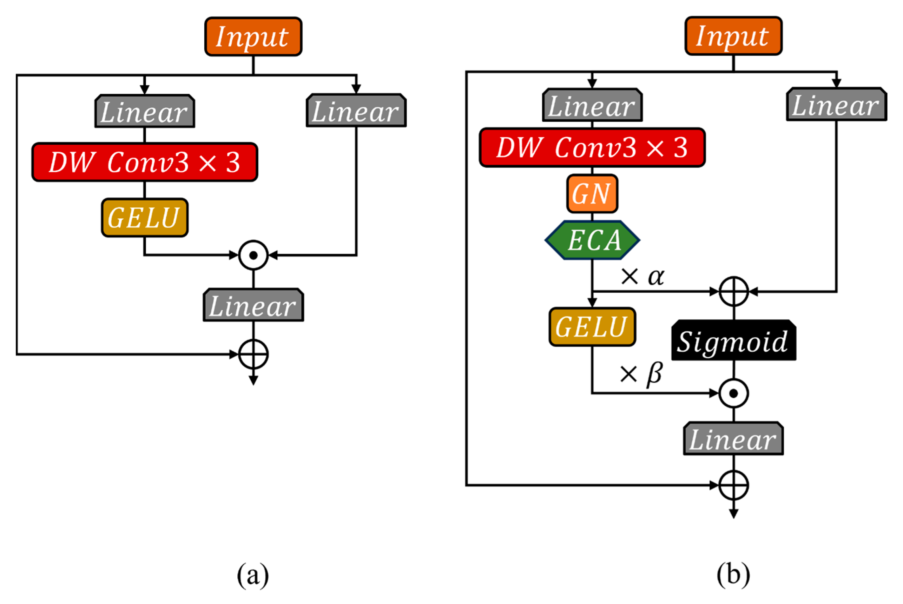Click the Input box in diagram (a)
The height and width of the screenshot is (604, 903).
coord(253,37)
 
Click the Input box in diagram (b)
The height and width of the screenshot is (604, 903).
coord(733,36)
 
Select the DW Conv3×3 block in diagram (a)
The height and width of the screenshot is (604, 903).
coord(145,162)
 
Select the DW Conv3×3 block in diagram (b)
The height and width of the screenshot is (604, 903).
coord(592,148)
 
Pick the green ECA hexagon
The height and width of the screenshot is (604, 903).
coord(592,240)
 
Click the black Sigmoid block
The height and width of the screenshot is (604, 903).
coord(734,340)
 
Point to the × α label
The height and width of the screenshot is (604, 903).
coord(642,276)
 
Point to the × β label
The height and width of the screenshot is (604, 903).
coord(641,374)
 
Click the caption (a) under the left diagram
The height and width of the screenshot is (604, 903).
coord(253,575)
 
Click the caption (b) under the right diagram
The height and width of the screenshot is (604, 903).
coord(733,574)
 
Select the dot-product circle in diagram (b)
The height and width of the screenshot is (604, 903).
coord(734,393)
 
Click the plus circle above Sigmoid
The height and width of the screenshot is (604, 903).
coord(734,292)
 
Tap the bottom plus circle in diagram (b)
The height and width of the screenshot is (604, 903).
coord(734,485)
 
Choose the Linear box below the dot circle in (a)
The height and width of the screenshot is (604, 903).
coord(254,305)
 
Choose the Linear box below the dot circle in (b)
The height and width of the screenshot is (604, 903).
coord(734,438)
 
